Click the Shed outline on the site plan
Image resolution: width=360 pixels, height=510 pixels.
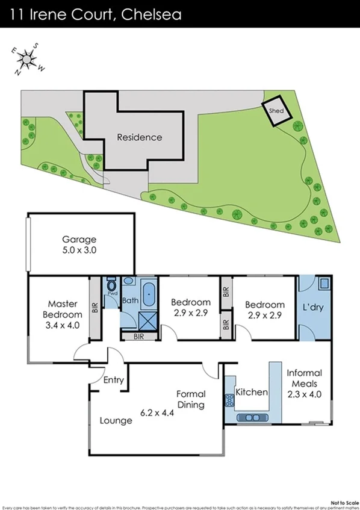coord(276,111)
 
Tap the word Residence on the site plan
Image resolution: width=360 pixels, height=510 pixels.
coord(139,137)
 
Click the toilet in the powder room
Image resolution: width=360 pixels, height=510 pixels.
coord(111,286)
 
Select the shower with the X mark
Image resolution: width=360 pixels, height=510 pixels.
coord(147,320)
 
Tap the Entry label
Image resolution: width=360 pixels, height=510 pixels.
coord(113,380)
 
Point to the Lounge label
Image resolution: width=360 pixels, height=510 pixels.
coord(116,421)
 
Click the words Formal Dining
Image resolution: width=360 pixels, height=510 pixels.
coord(190,399)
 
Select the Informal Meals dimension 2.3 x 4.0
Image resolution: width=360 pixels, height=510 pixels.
coord(304,396)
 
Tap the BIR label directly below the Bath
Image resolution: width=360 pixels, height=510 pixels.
coord(138,337)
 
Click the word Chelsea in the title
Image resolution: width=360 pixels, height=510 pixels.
coord(151,13)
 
